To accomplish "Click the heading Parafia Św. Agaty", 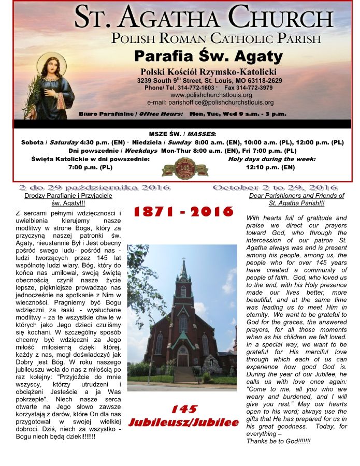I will tap(208, 55).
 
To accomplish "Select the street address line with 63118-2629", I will tap(209, 81).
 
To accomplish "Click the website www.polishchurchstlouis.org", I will tap(211, 95).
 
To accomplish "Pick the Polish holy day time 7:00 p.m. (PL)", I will tap(90, 167).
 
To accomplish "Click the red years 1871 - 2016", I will tap(184, 212).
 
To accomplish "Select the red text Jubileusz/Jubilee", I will tap(183, 423).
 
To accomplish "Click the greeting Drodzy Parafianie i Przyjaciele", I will tap(68, 196).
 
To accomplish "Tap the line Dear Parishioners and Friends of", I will tap(296, 196).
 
